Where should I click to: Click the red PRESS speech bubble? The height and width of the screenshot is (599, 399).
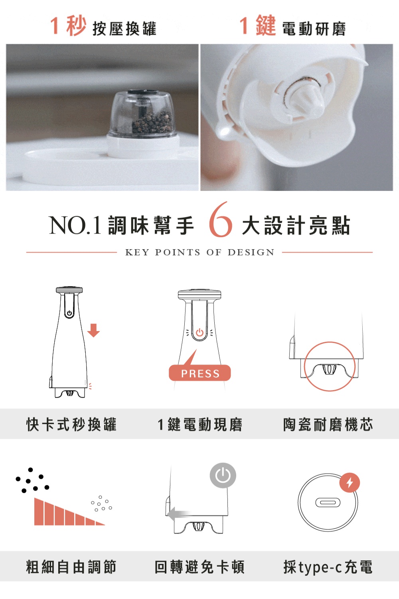click(199, 372)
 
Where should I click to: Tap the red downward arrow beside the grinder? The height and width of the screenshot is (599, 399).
click(93, 330)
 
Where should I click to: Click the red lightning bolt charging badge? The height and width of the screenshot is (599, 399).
click(350, 483)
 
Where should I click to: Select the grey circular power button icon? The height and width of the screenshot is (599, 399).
click(223, 476)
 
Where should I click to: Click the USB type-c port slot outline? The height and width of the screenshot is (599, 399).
click(328, 502)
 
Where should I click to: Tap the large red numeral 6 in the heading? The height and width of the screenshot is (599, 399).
click(221, 220)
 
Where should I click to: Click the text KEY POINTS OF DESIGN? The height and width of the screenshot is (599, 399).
click(200, 252)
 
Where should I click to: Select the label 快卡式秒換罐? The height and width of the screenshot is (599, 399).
click(71, 424)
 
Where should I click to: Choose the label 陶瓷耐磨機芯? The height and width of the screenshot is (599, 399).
click(328, 424)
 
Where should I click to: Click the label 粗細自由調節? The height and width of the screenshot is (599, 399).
click(71, 567)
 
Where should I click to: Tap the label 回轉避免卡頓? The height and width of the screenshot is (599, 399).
click(199, 567)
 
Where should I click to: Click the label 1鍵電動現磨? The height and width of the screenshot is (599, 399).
click(200, 424)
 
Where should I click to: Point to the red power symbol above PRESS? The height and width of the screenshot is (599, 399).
click(199, 332)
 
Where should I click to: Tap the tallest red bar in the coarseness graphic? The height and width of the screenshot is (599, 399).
click(39, 512)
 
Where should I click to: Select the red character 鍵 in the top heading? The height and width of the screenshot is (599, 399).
click(266, 26)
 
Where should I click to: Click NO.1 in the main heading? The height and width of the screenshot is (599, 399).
click(75, 225)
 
